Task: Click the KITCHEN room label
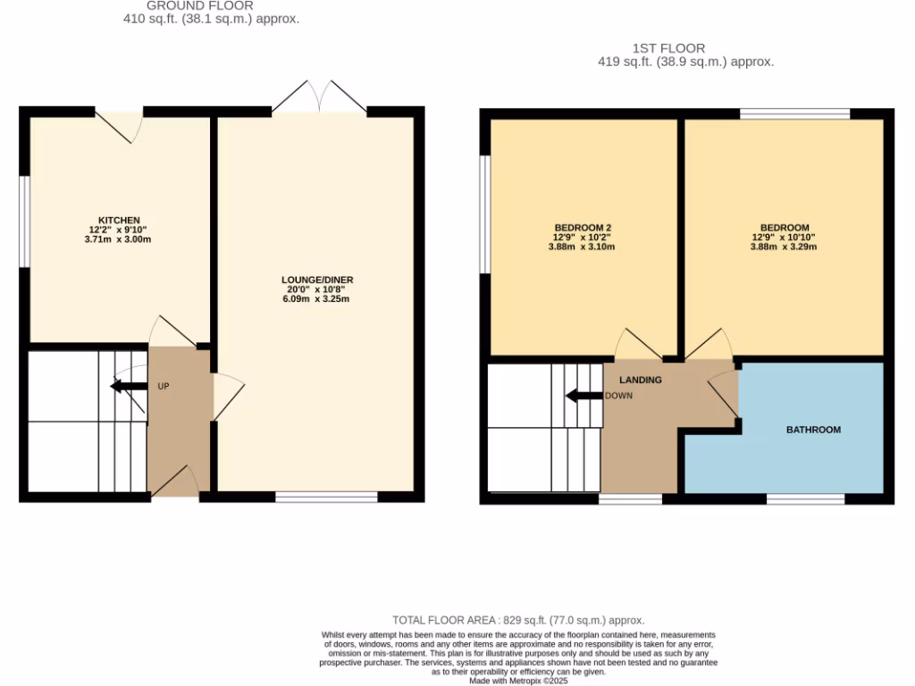pos(119,220)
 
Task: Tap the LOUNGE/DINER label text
pos(317,280)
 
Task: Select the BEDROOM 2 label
pos(583,228)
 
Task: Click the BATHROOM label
pos(813,430)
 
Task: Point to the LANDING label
pos(641,380)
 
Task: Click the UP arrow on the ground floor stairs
pos(128,386)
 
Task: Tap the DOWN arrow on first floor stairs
pos(583,396)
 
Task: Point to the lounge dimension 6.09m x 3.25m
pos(317,299)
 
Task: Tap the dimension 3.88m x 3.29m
pos(783,247)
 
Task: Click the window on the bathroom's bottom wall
pos(805,498)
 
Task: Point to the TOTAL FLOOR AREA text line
pos(518,620)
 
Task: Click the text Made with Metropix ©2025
pos(518,680)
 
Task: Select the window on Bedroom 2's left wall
pos(485,214)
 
